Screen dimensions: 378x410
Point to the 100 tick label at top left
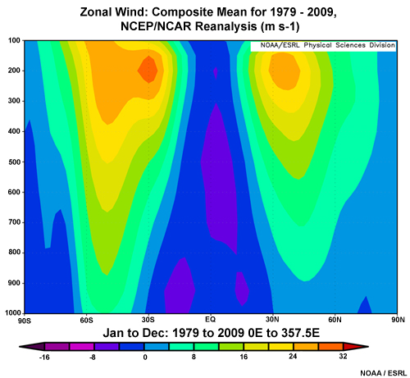14,40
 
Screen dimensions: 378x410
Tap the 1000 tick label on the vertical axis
12,313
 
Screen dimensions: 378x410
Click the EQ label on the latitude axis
210,320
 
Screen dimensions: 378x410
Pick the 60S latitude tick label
86,320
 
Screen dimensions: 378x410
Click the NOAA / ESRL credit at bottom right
384,371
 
